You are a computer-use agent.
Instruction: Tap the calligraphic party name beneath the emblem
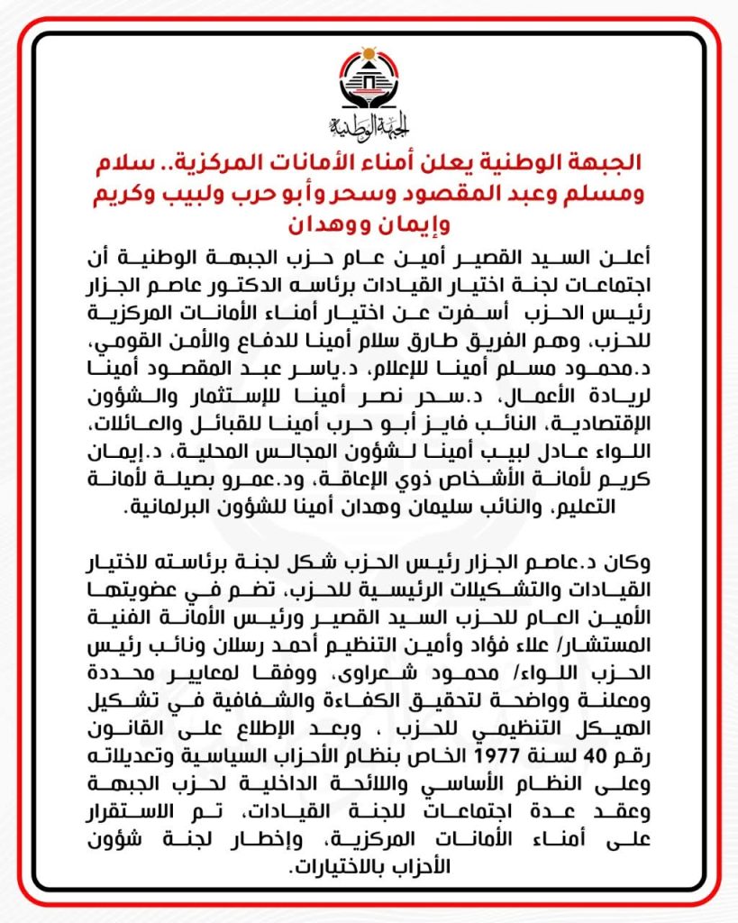click(369, 123)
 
